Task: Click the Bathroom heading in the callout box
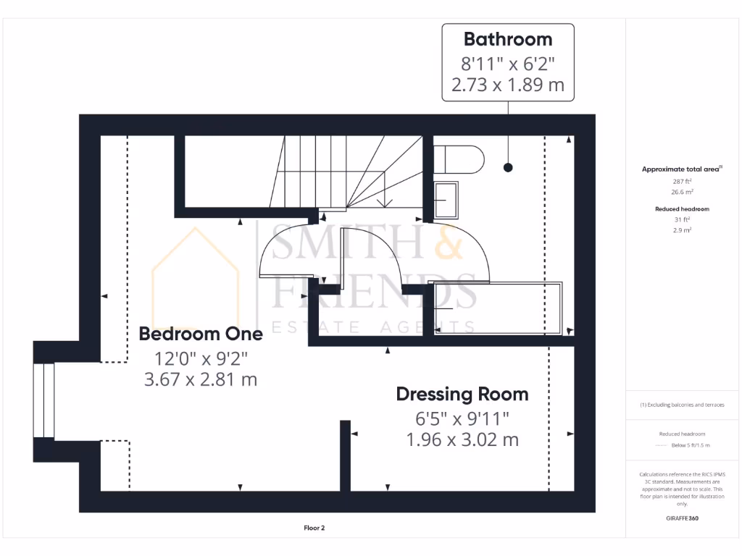(x=507, y=39)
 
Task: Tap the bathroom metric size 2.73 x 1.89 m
(x=507, y=85)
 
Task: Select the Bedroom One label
(x=201, y=334)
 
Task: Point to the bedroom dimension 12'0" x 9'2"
(x=201, y=358)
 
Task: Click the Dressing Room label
(x=462, y=395)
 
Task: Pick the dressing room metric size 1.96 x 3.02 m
(x=462, y=439)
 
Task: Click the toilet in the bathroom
(x=458, y=160)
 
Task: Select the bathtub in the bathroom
(x=497, y=308)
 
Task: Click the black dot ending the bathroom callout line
(x=508, y=167)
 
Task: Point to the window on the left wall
(x=44, y=400)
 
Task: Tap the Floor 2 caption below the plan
(x=314, y=528)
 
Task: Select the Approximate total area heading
(x=680, y=169)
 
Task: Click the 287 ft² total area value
(x=680, y=181)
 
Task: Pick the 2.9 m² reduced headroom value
(x=680, y=229)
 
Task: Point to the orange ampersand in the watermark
(x=449, y=242)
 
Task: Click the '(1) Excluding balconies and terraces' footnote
(x=682, y=405)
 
